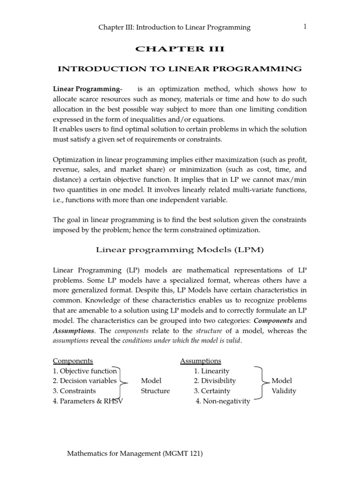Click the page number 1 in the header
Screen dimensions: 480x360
pos(305,27)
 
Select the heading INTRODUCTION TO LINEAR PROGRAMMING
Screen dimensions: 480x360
pos(180,69)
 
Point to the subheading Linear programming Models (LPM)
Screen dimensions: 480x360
pos(180,250)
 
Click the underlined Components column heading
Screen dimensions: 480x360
pos(73,361)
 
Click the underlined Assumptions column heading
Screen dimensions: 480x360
pos(201,361)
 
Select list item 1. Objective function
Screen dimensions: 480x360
pos(85,371)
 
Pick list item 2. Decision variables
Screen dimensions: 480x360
pos(84,381)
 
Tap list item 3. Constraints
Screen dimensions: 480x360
pos(75,391)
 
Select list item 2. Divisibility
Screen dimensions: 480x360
pos(215,381)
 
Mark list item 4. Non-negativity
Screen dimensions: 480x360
pos(223,401)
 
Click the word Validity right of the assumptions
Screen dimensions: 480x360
pos(284,391)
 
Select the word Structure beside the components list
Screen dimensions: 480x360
pos(155,391)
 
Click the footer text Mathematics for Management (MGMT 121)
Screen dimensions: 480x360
pos(136,454)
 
